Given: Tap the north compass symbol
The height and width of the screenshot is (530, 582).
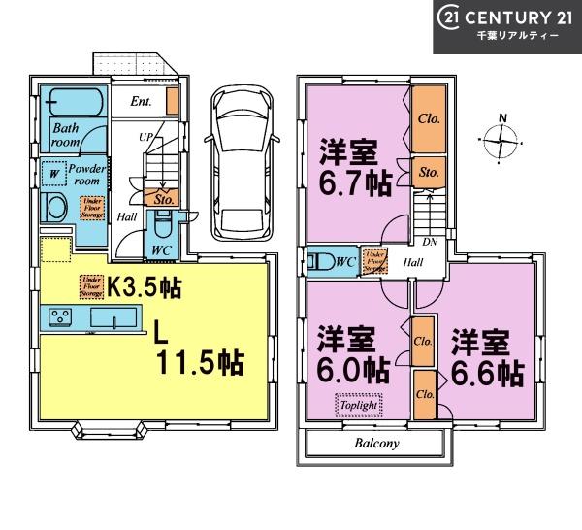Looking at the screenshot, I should click(501, 142).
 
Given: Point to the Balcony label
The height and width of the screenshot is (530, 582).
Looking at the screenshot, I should click(374, 443).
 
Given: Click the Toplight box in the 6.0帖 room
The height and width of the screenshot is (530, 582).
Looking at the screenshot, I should click(359, 404).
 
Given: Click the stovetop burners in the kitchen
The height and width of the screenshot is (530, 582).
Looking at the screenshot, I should click(59, 318).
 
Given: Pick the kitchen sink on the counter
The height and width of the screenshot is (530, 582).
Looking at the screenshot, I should click(106, 318).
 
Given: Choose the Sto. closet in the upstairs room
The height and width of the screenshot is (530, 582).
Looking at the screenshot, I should click(429, 172).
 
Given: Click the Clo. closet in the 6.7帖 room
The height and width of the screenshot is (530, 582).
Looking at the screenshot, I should click(428, 120).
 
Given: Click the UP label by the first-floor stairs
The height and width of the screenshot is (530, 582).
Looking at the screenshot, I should click(146, 137).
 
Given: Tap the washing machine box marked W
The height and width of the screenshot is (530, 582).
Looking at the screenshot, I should click(52, 175).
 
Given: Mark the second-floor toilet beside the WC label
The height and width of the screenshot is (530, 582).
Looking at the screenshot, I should click(318, 261).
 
